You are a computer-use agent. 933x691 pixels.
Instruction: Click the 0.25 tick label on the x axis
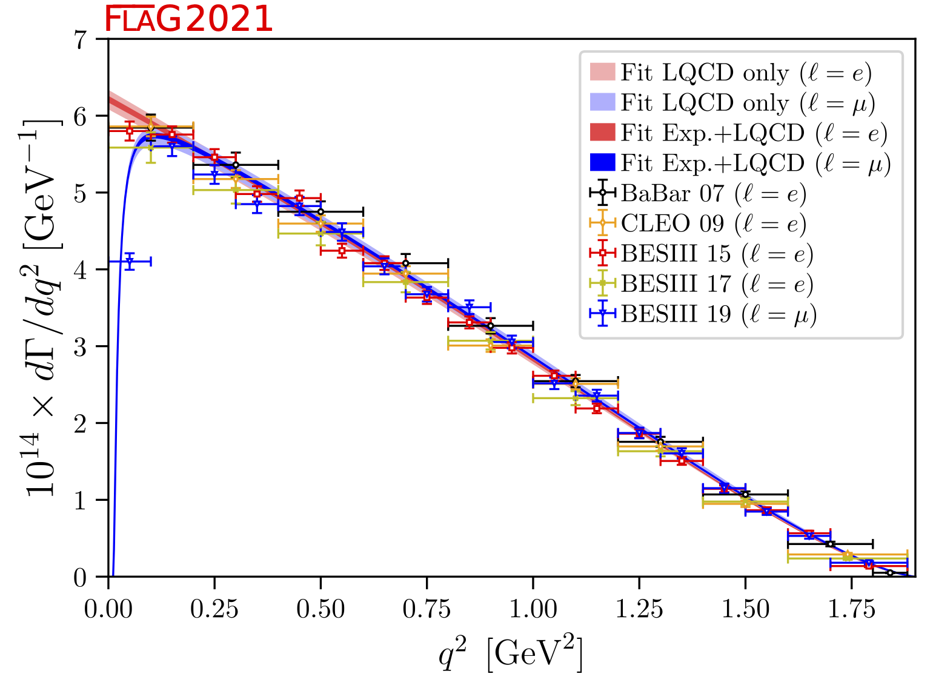214,609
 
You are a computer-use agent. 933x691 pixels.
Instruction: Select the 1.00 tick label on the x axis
533,609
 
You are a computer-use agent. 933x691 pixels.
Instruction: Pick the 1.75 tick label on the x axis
851,609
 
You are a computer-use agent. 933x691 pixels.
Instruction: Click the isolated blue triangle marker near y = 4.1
130,262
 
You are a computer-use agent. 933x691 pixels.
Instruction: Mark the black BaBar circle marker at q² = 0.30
236,165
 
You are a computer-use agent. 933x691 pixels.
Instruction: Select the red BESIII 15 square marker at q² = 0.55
342,250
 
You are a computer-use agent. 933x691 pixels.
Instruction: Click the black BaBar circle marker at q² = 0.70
405,263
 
